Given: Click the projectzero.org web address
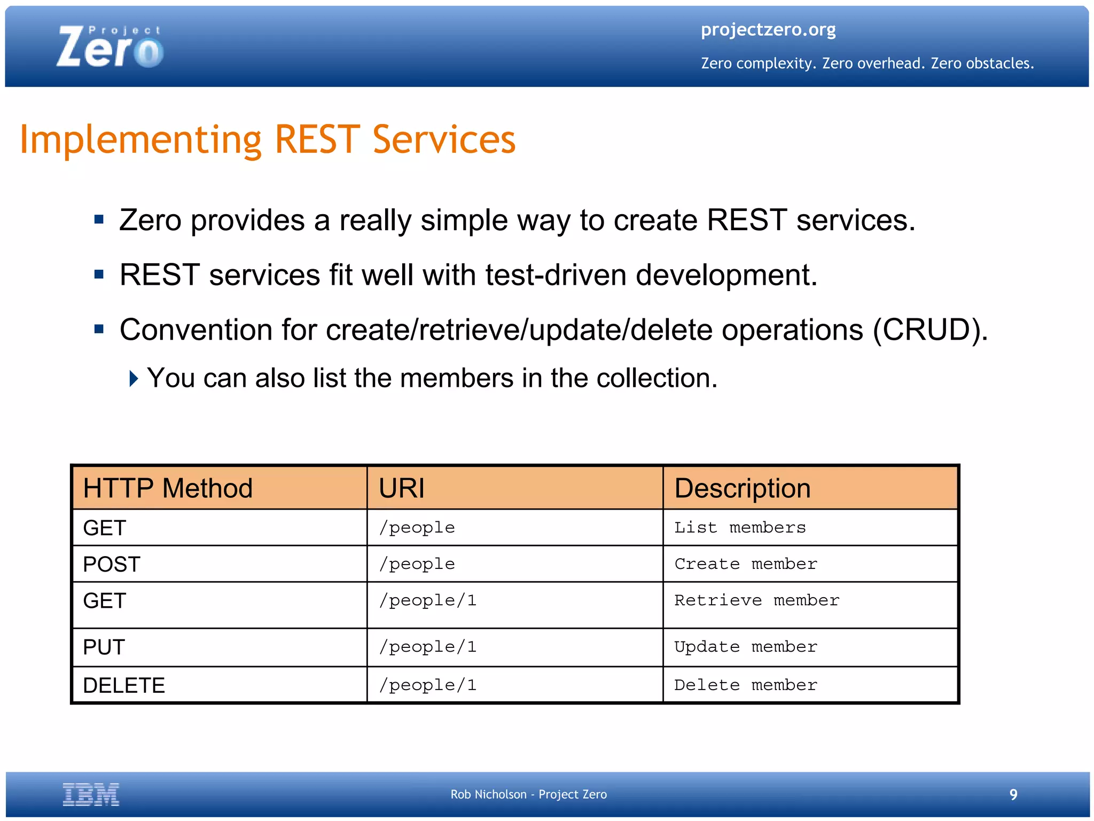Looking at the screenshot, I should tap(768, 29).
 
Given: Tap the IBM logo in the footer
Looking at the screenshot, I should tap(91, 794).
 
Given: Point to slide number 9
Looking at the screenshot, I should tap(1013, 795).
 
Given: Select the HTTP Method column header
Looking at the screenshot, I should tap(168, 488).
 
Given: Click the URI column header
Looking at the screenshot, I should tap(402, 488).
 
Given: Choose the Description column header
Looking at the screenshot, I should tap(742, 488).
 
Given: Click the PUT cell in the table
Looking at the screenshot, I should tap(104, 647).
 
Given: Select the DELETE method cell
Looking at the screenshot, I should tap(124, 685).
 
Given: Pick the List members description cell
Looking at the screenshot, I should tap(739, 528).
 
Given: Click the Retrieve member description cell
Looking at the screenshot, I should tap(756, 600).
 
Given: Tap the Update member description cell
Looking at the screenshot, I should tap(745, 647).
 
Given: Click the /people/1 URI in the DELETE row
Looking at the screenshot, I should tap(427, 685).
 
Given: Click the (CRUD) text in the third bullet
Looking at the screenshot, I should tap(929, 330).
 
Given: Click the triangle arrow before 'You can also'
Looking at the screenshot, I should tap(134, 378).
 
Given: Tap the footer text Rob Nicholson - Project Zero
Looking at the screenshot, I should tap(528, 794).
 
